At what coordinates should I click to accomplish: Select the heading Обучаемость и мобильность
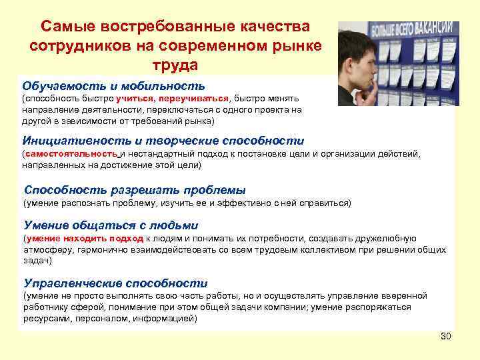pyautogui.click(x=113, y=86)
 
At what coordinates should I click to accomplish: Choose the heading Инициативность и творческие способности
pyautogui.click(x=163, y=141)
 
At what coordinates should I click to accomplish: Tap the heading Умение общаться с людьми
pyautogui.click(x=111, y=225)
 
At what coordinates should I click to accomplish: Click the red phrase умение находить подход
pyautogui.click(x=85, y=238)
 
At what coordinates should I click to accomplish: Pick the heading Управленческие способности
pyautogui.click(x=115, y=283)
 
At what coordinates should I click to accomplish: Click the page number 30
pyautogui.click(x=446, y=335)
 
